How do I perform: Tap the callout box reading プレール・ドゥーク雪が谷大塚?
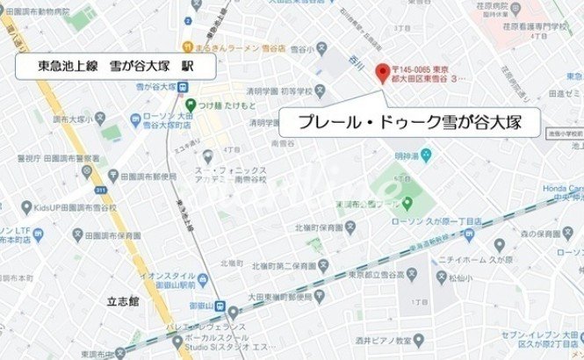point(408,123)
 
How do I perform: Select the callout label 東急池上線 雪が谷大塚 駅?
point(107,66)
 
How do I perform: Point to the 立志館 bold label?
point(122,299)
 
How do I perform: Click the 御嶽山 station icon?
point(234,310)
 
